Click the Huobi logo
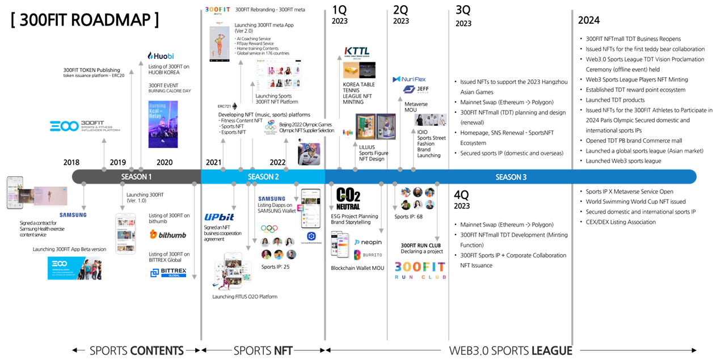(x=161, y=56)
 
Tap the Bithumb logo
(x=168, y=234)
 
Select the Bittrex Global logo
(x=168, y=273)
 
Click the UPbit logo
(x=220, y=217)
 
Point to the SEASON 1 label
(x=136, y=177)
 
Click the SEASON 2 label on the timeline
(x=263, y=177)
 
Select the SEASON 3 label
(x=511, y=177)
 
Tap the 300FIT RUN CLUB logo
(x=420, y=269)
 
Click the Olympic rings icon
(x=269, y=229)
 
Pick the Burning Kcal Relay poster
(x=163, y=124)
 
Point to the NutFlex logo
(x=409, y=79)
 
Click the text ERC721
(x=224, y=106)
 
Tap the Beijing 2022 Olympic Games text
(x=309, y=124)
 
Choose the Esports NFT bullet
(x=233, y=133)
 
